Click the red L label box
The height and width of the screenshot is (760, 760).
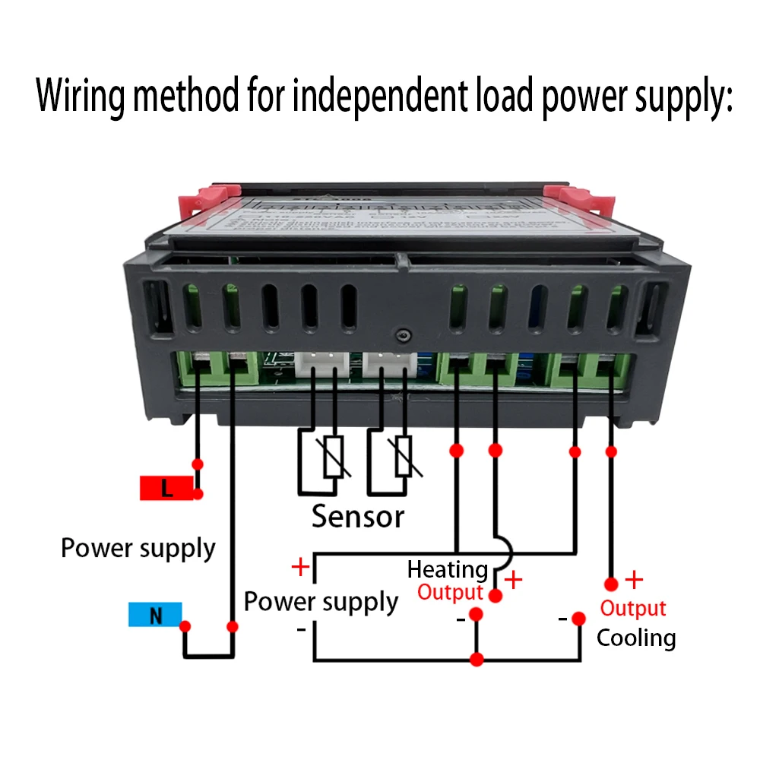point(166,489)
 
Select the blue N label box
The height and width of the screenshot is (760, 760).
point(155,615)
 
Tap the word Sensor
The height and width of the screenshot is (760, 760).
point(358,517)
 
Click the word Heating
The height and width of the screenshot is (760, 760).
point(448,569)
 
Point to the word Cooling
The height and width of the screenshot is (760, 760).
point(636,638)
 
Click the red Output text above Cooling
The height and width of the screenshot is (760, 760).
point(633,609)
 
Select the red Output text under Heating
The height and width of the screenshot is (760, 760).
point(451,593)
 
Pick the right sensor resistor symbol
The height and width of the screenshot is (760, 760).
point(403,457)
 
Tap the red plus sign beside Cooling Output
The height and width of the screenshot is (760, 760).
point(634,581)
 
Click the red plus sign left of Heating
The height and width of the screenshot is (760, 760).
point(301,567)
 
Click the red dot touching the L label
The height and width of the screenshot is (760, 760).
point(198,494)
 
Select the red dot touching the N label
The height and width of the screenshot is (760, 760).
point(185,626)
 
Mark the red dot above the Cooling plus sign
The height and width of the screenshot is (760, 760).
point(611,584)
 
